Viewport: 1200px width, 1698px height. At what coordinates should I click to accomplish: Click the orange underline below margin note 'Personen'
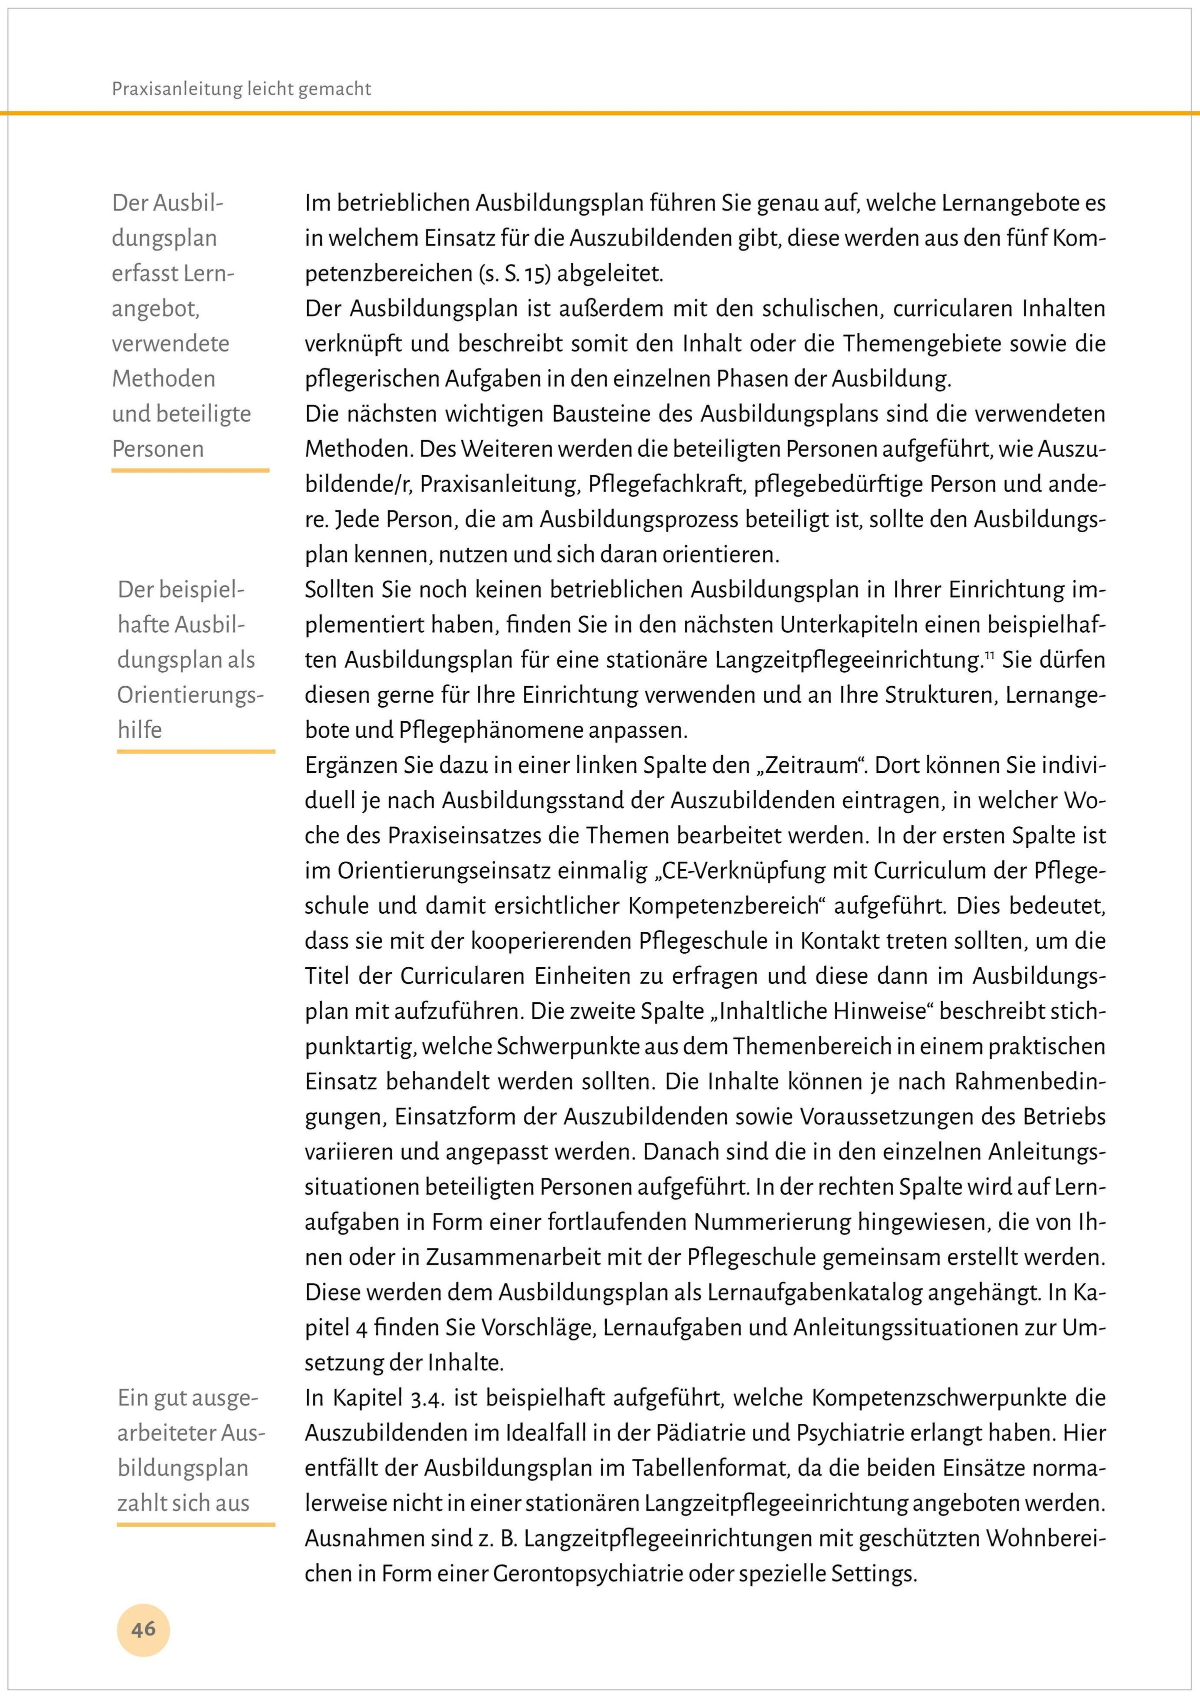[x=190, y=470]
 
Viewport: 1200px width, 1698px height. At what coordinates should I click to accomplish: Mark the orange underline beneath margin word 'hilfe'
[x=196, y=751]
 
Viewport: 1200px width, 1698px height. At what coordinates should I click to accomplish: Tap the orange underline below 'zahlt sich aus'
[x=196, y=1524]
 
